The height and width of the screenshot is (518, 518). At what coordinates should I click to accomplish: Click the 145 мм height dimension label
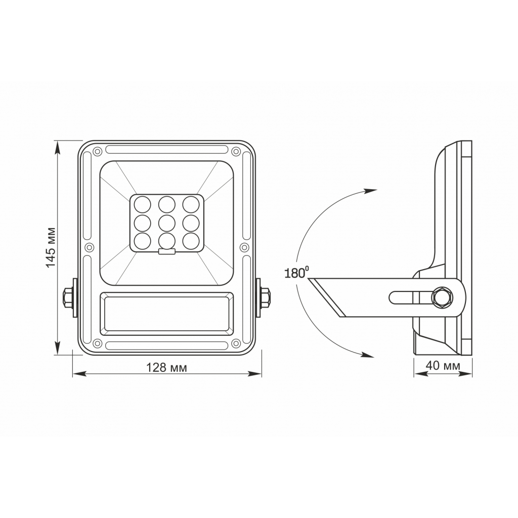coord(51,247)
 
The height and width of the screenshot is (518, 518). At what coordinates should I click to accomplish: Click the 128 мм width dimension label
coord(166,368)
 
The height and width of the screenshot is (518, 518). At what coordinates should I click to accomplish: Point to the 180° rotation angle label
coord(296,274)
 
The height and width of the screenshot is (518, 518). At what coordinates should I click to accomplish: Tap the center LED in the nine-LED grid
coord(166,222)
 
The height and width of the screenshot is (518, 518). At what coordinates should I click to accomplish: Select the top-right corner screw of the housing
coord(236,150)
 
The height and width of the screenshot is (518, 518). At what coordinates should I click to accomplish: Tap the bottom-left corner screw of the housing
coord(97,344)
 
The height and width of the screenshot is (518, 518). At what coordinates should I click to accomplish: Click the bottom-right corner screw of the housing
coord(236,344)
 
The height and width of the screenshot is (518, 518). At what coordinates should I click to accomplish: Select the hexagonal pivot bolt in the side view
coord(442,297)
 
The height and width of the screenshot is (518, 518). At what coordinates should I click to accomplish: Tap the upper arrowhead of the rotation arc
coord(371,191)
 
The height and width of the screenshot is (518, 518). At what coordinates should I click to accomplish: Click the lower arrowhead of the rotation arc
coord(369,355)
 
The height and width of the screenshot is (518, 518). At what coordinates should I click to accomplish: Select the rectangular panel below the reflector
coord(166,314)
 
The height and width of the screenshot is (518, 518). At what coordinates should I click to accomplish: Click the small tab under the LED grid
coord(166,251)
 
